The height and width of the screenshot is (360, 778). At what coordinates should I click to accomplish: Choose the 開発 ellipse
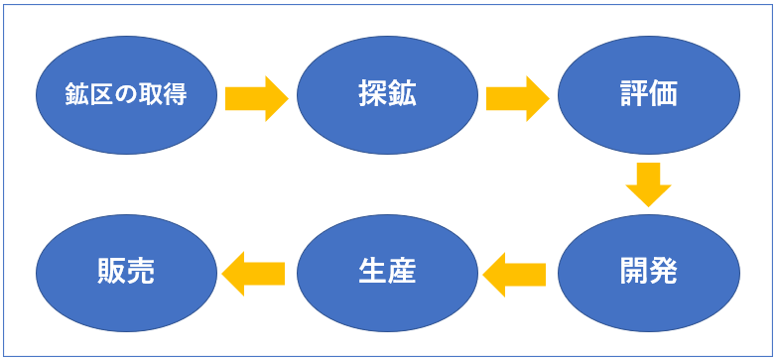tap(648, 271)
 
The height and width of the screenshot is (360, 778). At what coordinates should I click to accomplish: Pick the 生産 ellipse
tap(388, 271)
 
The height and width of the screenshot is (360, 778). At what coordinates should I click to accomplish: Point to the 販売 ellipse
tap(126, 271)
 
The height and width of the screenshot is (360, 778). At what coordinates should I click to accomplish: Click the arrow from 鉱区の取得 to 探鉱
tap(256, 97)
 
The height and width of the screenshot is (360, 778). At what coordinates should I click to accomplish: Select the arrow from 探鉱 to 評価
tap(517, 97)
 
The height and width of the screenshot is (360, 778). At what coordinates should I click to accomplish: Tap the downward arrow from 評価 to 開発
tap(649, 183)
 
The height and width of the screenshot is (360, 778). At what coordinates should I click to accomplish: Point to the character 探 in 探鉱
tap(373, 95)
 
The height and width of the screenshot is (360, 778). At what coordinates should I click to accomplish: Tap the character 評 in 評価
tap(633, 95)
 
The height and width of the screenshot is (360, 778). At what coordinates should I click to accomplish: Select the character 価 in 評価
tap(663, 95)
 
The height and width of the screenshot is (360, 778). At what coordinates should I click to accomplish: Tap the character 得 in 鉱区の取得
tap(177, 96)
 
